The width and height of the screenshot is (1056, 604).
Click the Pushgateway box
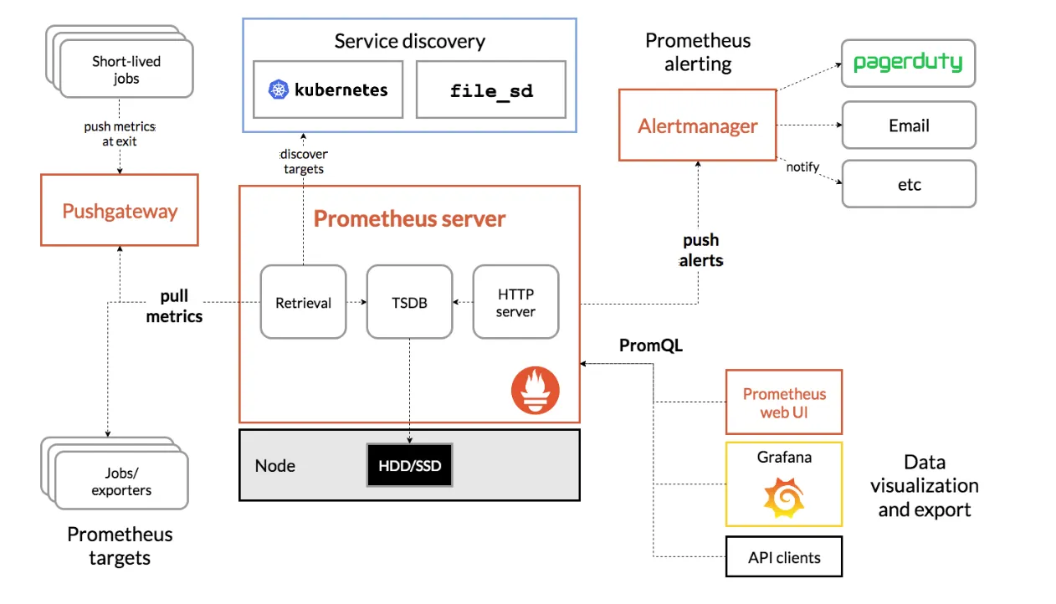(x=120, y=210)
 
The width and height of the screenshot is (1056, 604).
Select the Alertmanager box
(x=697, y=125)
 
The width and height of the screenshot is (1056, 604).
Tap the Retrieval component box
(x=303, y=302)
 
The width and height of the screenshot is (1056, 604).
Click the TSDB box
(x=409, y=302)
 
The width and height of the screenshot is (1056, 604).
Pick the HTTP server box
(x=515, y=302)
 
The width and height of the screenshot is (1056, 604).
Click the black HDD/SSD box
(x=409, y=465)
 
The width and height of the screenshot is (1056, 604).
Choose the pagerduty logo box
(x=908, y=63)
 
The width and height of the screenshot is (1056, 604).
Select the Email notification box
(x=908, y=125)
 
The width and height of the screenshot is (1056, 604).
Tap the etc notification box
(x=908, y=184)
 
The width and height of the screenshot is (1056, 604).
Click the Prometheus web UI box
(x=784, y=402)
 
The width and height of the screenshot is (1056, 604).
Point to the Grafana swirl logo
(x=784, y=497)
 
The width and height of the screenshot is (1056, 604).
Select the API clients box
(x=784, y=557)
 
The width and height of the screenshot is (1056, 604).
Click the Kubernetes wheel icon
(x=278, y=90)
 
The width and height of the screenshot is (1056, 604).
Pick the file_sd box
(x=490, y=90)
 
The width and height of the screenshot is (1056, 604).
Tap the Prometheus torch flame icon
(x=536, y=390)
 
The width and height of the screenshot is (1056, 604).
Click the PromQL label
(x=650, y=345)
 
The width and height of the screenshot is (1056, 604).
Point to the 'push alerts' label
(x=701, y=250)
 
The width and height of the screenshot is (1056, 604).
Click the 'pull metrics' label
(x=174, y=306)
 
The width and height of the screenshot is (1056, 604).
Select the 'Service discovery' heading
(x=409, y=41)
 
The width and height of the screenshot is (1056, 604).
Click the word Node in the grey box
(x=275, y=465)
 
